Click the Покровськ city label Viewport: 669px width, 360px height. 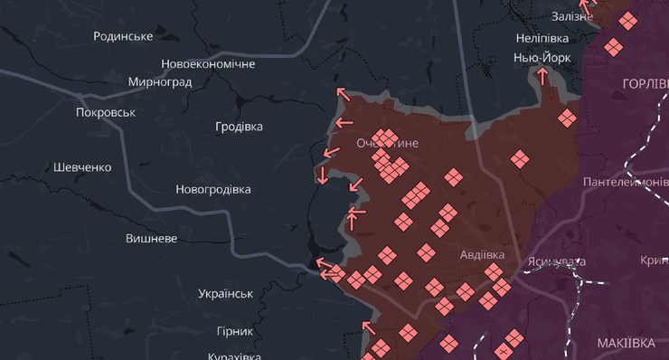pyautogui.click(x=106, y=112)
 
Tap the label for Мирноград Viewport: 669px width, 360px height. pyautogui.click(x=160, y=81)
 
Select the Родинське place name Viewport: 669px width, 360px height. pyautogui.click(x=123, y=35)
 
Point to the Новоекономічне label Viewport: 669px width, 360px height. pyautogui.click(x=208, y=64)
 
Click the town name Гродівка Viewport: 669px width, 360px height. pyautogui.click(x=239, y=127)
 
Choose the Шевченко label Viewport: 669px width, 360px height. pyautogui.click(x=82, y=167)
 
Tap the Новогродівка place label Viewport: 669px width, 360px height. pyautogui.click(x=213, y=190)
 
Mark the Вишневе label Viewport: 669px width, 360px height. pyautogui.click(x=151, y=239)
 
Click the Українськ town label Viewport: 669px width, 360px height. pyautogui.click(x=225, y=294)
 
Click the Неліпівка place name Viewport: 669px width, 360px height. pyautogui.click(x=542, y=39)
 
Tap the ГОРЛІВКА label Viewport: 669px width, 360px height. pyautogui.click(x=645, y=83)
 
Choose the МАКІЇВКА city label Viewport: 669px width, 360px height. pyautogui.click(x=626, y=343)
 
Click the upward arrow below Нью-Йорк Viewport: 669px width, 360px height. pyautogui.click(x=542, y=76)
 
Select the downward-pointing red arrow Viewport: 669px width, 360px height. pyautogui.click(x=323, y=175)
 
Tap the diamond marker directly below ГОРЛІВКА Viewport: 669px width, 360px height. pyautogui.click(x=567, y=118)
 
